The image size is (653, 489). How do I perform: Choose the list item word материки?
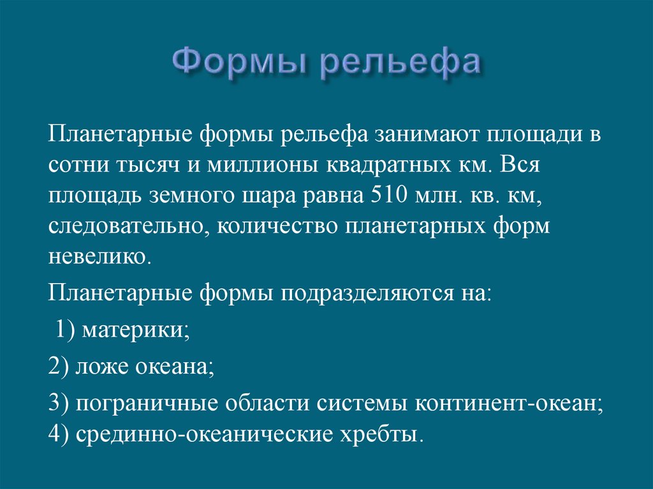135,330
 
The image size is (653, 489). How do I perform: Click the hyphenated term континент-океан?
510,404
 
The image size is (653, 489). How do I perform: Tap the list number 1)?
66,330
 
